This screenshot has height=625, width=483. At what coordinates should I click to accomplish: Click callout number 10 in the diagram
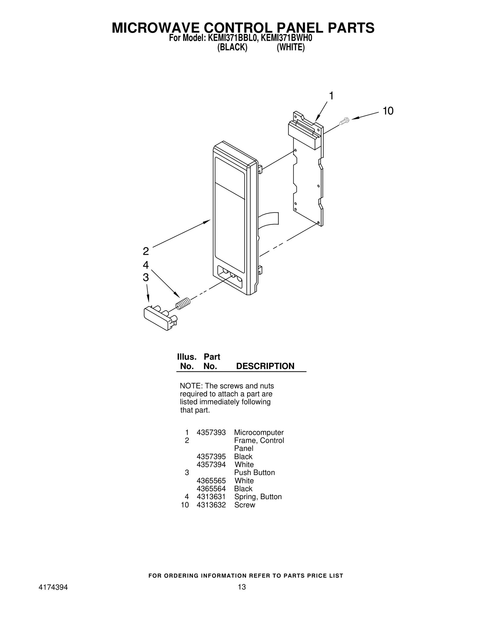[x=388, y=111]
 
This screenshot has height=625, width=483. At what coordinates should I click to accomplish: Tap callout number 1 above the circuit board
[x=331, y=96]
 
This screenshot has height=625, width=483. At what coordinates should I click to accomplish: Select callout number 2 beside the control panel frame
[x=146, y=251]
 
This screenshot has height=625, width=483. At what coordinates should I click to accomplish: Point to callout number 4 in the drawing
[x=146, y=265]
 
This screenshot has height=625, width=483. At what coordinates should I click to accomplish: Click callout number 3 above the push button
[x=146, y=277]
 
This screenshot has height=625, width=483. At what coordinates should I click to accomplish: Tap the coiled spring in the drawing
[x=183, y=303]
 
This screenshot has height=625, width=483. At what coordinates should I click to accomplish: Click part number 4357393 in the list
[x=211, y=432]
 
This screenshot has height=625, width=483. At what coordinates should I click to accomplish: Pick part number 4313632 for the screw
[x=211, y=505]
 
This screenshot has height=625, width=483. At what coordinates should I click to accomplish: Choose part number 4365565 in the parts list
[x=211, y=481]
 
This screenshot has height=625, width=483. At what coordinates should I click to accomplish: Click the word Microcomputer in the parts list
[x=259, y=433]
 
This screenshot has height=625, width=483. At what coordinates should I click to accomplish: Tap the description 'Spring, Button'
[x=258, y=497]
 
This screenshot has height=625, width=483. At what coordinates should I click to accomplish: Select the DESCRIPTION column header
[x=265, y=366]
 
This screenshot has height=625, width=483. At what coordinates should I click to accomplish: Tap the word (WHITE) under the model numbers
[x=291, y=47]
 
